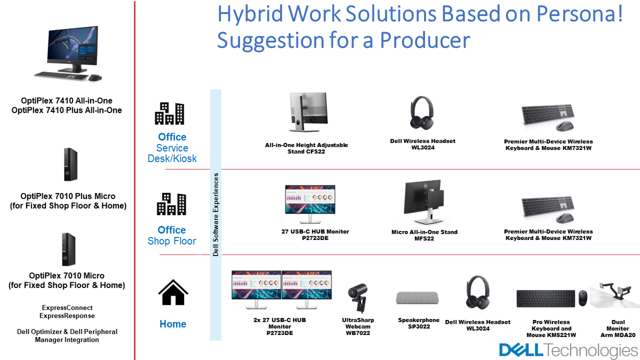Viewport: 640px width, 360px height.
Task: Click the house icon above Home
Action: pyautogui.click(x=173, y=292)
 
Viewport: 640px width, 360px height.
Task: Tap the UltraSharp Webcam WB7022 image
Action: pyautogui.click(x=358, y=298)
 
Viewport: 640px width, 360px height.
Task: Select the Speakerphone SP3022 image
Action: pyautogui.click(x=417, y=298)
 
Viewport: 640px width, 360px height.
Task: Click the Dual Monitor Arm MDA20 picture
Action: pyautogui.click(x=614, y=295)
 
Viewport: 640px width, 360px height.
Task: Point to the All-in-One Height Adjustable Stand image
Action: pyautogui.click(x=308, y=111)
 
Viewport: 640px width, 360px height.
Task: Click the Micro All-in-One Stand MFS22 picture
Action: pyautogui.click(x=424, y=202)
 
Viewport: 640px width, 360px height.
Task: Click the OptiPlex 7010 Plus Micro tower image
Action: pyautogui.click(x=70, y=164)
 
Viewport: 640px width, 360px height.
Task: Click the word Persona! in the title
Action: pyautogui.click(x=579, y=14)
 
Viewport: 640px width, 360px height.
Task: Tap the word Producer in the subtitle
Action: pyautogui.click(x=425, y=41)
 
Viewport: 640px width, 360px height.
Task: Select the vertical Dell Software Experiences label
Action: pyautogui.click(x=215, y=214)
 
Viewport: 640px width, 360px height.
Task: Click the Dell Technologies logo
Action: pyautogui.click(x=569, y=350)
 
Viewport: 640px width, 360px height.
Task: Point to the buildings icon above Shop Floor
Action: pyautogui.click(x=171, y=204)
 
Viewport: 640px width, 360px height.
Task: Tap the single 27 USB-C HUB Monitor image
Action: pyautogui.click(x=310, y=203)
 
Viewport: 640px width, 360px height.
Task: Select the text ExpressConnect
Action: pyautogui.click(x=67, y=308)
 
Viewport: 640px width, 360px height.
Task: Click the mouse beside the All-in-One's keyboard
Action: pyautogui.click(x=95, y=77)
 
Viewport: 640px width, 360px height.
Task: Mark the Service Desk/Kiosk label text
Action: pyautogui.click(x=172, y=153)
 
